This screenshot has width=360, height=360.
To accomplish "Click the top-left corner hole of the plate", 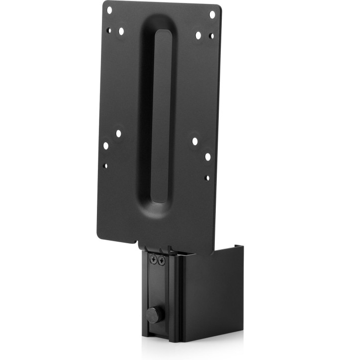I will coord(110,9).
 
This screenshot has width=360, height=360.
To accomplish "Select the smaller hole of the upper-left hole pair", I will coord(109,30).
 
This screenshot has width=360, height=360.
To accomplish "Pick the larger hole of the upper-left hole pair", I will coord(121,31).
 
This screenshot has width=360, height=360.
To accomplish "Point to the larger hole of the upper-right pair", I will coord(198,35).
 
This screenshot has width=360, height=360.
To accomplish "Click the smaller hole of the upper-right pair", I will coord(211,36).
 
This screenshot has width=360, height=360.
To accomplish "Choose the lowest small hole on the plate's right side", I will coord(207,178).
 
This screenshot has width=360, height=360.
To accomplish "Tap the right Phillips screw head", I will coord(161,260).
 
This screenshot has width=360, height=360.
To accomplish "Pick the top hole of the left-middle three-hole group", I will coord(118,133).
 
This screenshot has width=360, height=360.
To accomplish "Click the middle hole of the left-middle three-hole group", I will coord(105,146).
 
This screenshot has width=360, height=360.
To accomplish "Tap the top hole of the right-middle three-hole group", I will coord(194,141).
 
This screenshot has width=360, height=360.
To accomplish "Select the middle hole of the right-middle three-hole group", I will coord(208,157).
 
